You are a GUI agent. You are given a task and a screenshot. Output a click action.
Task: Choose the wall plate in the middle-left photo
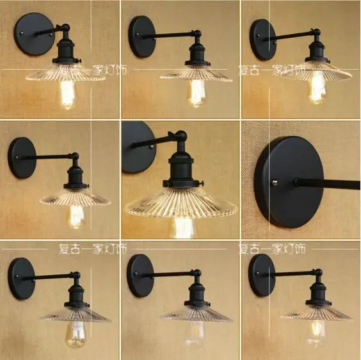click(22, 156)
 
